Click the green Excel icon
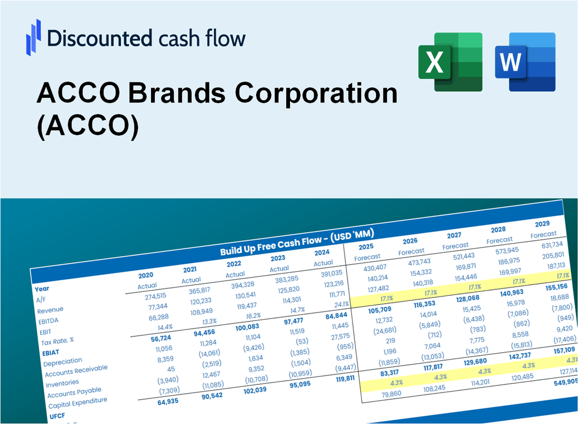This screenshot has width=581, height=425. tap(450, 62)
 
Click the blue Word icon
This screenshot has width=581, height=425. tap(525, 62)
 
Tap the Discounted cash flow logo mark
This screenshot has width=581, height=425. tap(33, 37)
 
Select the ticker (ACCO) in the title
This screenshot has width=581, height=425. tap(88, 127)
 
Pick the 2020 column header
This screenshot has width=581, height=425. tap(146, 275)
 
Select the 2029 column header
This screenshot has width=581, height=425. tap(542, 223)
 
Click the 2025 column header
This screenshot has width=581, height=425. tap(366, 247)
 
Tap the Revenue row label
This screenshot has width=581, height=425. tap(50, 309)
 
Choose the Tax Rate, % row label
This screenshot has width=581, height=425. tap(58, 341)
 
